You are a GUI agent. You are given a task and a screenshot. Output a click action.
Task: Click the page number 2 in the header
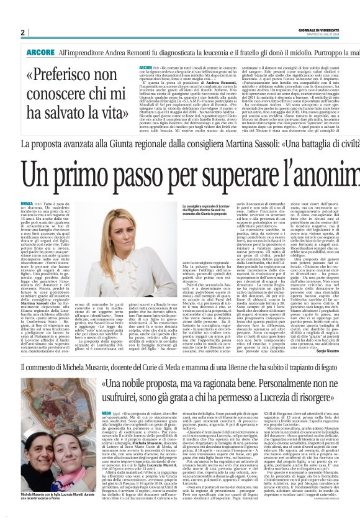(22, 32)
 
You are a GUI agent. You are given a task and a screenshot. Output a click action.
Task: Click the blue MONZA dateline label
(26, 204)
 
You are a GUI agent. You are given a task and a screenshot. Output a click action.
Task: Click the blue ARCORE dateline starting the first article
(146, 66)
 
